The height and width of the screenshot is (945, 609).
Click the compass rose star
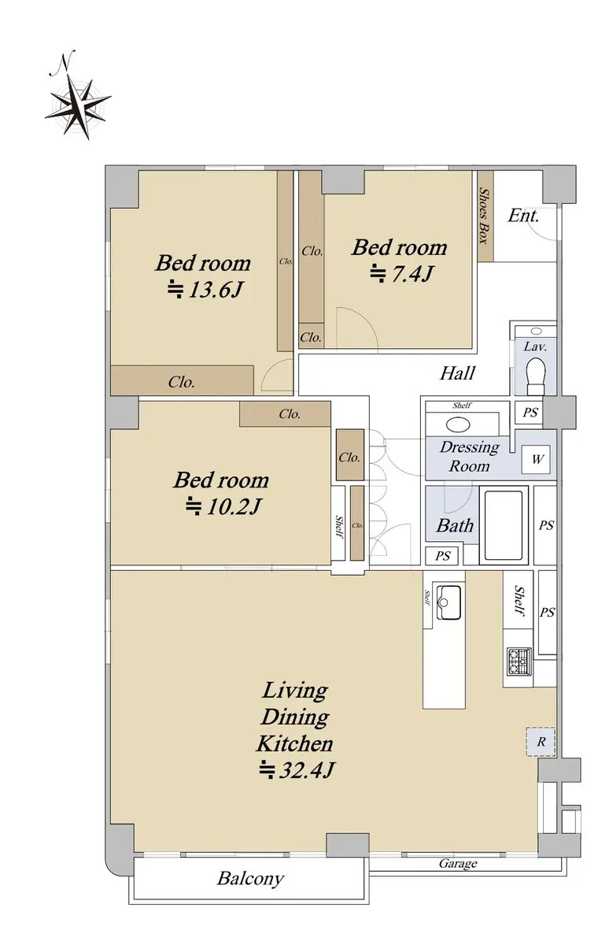coord(78,107)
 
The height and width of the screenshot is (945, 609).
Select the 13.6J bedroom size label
coord(205,290)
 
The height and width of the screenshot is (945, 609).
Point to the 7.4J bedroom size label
coord(401,274)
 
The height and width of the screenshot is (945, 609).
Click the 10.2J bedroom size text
coord(223,506)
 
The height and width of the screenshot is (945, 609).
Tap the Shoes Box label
coord(485,216)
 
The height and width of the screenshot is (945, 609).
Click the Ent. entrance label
coord(523,216)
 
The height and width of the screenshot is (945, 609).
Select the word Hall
coord(458,373)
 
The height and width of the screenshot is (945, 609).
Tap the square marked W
coord(536,459)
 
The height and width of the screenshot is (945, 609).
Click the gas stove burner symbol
coord(519,661)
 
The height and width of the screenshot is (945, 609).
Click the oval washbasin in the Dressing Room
coord(458,424)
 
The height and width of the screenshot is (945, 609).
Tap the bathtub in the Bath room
coord(504,524)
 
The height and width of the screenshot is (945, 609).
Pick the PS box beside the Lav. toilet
coord(530,412)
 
